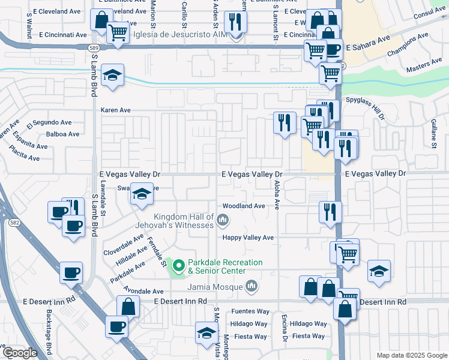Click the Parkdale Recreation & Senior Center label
[x=225, y=266]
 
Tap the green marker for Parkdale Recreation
[x=178, y=265]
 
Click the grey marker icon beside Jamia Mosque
[x=252, y=287]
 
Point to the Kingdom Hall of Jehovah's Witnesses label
[x=184, y=221]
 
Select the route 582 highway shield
[x=14, y=222]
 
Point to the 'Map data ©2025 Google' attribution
[x=411, y=355]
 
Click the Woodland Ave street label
[x=244, y=206]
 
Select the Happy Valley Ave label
[x=248, y=238]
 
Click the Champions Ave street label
[x=408, y=45]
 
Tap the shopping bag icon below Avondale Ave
[x=130, y=307]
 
